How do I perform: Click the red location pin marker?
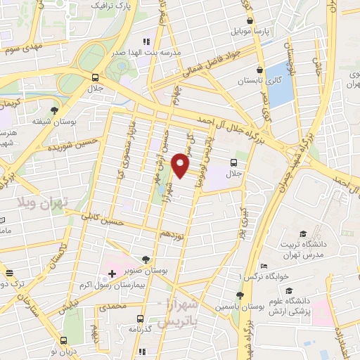(181, 165)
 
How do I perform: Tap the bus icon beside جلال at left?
(96, 78)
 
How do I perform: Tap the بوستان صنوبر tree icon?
(146, 259)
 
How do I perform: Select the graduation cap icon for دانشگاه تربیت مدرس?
(303, 234)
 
